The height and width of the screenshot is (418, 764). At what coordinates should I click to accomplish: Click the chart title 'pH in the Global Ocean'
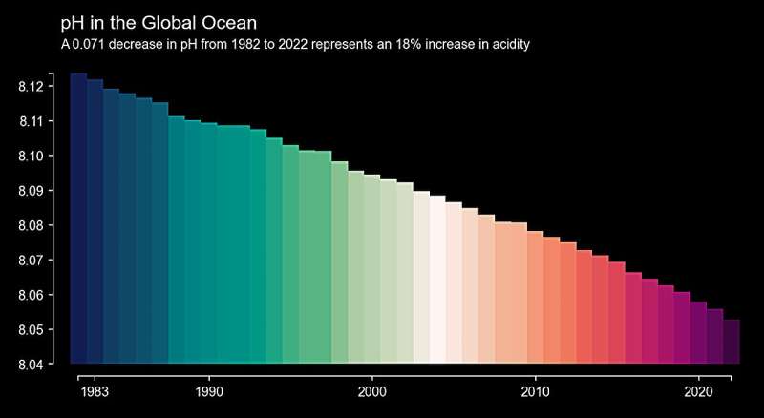point(159,22)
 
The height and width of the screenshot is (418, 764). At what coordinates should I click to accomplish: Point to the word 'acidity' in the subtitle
point(509,45)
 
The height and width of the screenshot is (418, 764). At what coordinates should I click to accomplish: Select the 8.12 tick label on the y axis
point(31,87)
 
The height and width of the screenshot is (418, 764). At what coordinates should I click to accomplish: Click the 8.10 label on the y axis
point(31,156)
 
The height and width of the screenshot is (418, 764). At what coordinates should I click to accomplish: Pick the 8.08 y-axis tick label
point(31,225)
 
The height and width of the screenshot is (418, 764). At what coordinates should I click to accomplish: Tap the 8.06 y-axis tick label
point(31,295)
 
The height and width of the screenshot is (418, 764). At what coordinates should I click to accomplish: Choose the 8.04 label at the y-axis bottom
point(31,364)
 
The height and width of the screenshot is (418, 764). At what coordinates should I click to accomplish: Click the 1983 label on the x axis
point(95,392)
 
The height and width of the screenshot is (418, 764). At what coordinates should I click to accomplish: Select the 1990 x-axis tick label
point(209,392)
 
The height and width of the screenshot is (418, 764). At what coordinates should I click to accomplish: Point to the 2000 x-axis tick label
point(372,392)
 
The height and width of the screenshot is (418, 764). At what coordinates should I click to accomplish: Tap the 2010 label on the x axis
point(536,392)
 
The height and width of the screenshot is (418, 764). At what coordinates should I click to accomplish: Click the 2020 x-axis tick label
point(699,392)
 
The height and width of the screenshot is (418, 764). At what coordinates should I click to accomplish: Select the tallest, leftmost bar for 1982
point(78,219)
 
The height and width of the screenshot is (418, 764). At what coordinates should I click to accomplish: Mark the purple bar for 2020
point(699,333)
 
